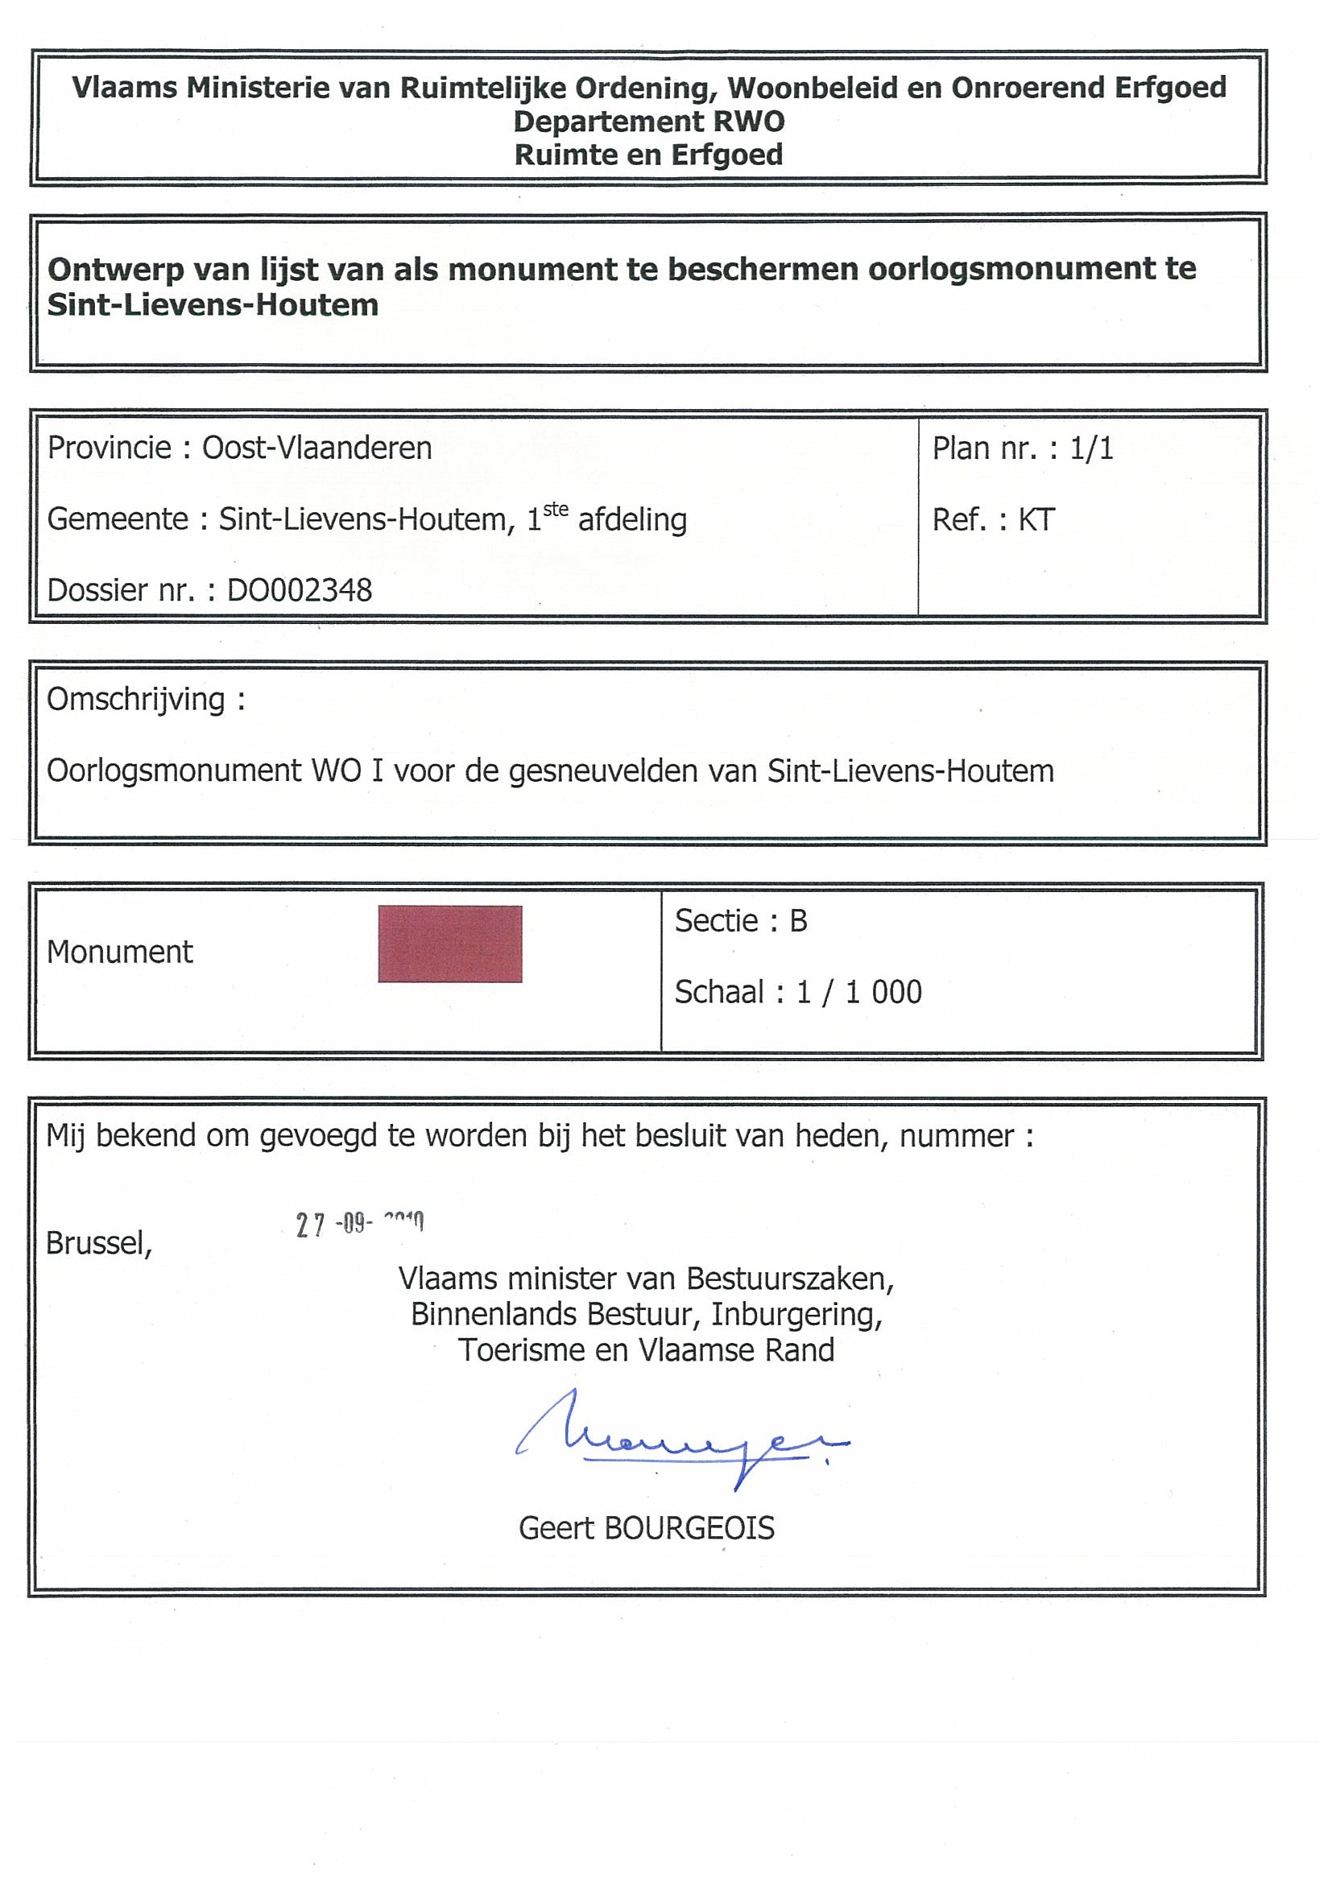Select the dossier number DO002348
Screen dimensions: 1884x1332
[x=300, y=590]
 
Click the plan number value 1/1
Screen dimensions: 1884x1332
[x=1091, y=448]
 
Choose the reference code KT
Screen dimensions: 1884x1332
[x=1036, y=519]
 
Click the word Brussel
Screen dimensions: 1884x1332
[x=98, y=1244]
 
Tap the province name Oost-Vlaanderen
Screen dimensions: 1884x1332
[x=316, y=448]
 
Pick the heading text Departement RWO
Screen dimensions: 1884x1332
[x=649, y=122]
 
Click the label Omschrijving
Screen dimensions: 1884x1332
[x=136, y=700]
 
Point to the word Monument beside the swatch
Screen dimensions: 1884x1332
[x=120, y=952]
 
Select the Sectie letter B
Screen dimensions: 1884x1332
[x=799, y=921]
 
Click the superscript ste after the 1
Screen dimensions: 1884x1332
[x=556, y=510]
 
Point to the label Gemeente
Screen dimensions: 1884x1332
[x=118, y=519]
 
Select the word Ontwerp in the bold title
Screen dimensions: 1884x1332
[x=110, y=269]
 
